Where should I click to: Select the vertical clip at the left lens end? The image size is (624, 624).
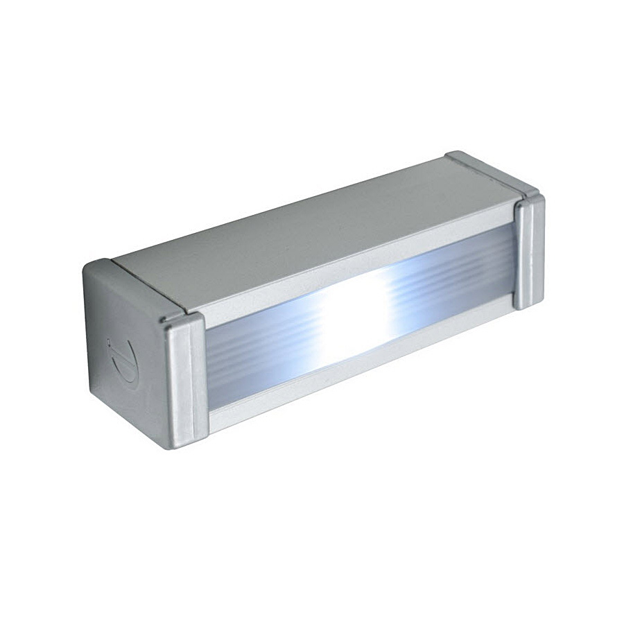[185, 379]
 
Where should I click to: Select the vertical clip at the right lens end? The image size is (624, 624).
[529, 251]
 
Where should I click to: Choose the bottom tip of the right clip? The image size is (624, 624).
[530, 305]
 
